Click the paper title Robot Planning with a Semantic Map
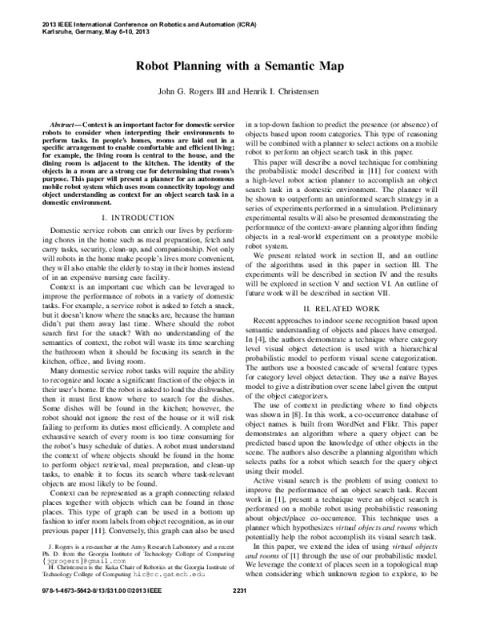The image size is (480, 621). click(x=239, y=69)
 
